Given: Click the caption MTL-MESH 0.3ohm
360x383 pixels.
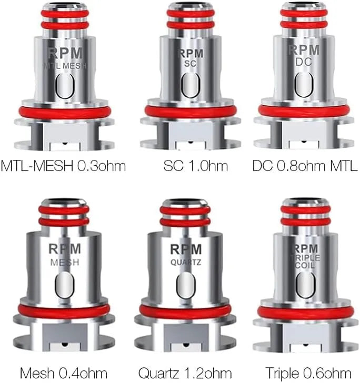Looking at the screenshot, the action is pos(63,166).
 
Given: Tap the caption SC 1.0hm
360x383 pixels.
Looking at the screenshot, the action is pos(196,166).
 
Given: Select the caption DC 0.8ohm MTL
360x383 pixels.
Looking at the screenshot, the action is pos(305,166).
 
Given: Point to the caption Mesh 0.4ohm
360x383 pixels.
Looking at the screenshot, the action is pos(64,374).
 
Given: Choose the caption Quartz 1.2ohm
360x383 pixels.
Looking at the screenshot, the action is pos(185,374).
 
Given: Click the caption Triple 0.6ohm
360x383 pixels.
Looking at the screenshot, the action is pos(308,374).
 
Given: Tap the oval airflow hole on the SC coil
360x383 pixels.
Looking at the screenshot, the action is pos(191,85).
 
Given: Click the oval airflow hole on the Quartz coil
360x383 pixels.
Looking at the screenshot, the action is pos(186,285).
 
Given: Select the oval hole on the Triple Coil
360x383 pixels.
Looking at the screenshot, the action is pos(305,285).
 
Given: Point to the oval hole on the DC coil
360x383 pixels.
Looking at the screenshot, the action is pos(304,85).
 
